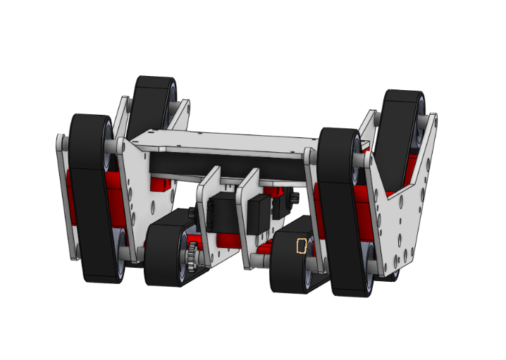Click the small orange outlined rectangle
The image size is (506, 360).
click(302, 246)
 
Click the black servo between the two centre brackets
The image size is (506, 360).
click(257, 215)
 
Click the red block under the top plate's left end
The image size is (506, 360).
click(161, 183)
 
